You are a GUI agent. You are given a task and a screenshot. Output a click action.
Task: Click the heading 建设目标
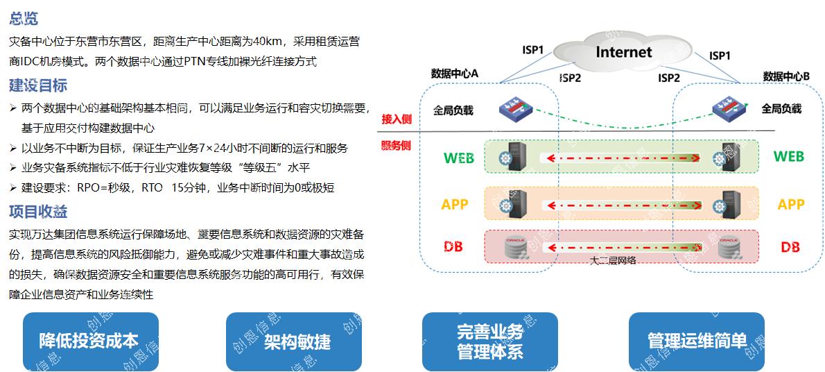pyautogui.click(x=38, y=86)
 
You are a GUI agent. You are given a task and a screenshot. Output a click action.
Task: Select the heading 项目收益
pyautogui.click(x=38, y=212)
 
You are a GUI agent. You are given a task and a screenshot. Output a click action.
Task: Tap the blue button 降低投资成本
pyautogui.click(x=90, y=341)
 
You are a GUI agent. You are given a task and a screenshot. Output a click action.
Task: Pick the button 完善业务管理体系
pyautogui.click(x=490, y=341)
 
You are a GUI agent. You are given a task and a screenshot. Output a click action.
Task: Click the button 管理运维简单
pyautogui.click(x=696, y=341)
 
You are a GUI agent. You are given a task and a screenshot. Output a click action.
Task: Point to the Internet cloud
pyautogui.click(x=623, y=52)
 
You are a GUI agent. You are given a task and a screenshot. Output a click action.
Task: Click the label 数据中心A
pyautogui.click(x=455, y=74)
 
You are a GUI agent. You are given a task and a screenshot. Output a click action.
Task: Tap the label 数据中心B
pyautogui.click(x=786, y=76)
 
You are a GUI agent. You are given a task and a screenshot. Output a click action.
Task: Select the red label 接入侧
pyautogui.click(x=397, y=119)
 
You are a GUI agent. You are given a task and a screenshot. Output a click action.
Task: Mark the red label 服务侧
pyautogui.click(x=397, y=146)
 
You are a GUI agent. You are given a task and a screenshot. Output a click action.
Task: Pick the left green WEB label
pyautogui.click(x=458, y=158)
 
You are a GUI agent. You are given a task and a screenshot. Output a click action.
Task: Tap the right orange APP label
pyautogui.click(x=790, y=204)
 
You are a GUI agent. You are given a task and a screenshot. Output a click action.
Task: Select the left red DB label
pyautogui.click(x=453, y=246)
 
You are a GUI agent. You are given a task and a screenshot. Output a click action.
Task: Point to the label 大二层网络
pyautogui.click(x=613, y=261)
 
